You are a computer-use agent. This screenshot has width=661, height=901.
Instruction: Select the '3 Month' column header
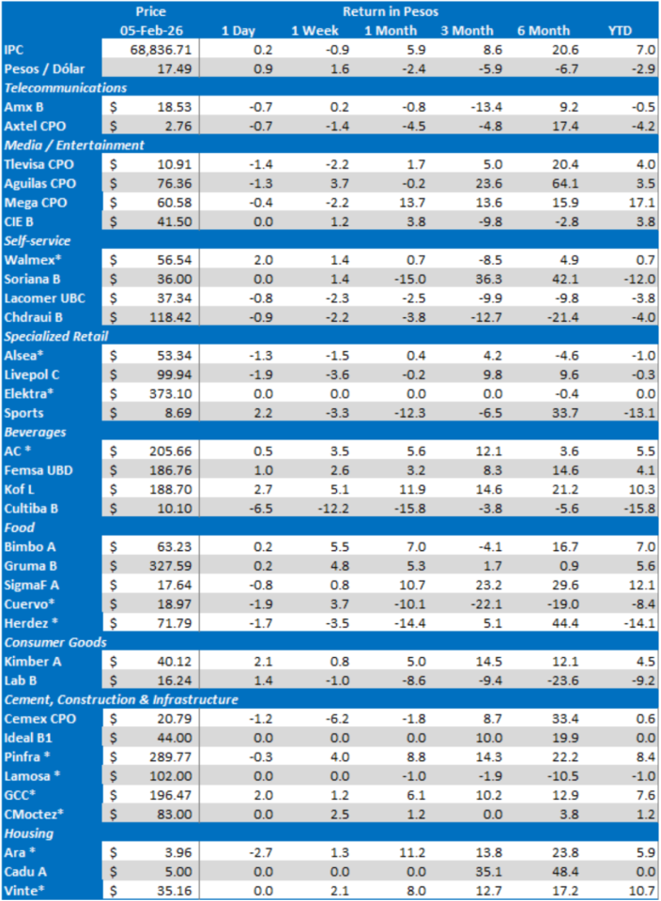468,30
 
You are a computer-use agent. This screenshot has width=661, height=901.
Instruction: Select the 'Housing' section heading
30,833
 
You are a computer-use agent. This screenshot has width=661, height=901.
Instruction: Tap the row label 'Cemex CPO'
37,718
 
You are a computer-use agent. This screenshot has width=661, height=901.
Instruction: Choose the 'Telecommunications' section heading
66,87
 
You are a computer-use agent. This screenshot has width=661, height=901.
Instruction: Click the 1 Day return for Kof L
242,488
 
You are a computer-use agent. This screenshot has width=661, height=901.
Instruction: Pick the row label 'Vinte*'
24,890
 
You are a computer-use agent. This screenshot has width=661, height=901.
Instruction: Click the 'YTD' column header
620,30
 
